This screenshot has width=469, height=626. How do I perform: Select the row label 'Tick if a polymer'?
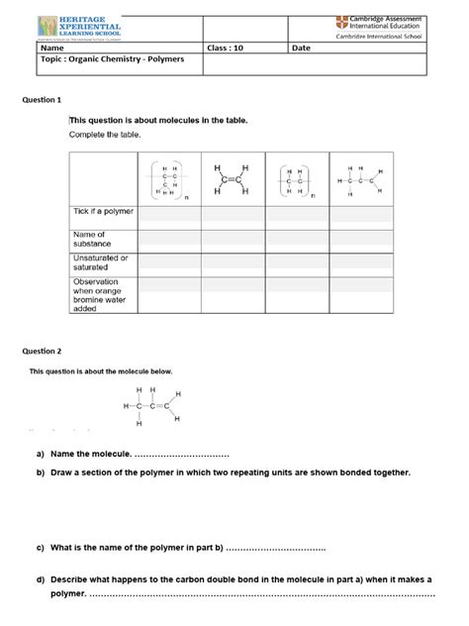[102, 212]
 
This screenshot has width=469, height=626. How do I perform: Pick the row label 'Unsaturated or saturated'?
[99, 261]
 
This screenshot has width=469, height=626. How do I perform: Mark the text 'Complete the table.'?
[105, 134]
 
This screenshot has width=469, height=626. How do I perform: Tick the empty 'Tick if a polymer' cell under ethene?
[230, 212]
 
